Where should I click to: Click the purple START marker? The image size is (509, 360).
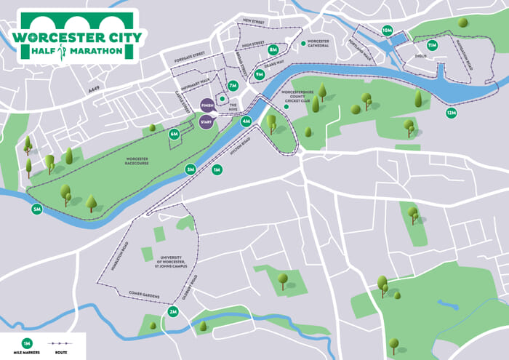(x=206, y=121)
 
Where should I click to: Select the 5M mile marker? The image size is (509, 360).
(x=37, y=209)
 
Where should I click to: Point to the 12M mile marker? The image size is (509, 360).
(x=452, y=113)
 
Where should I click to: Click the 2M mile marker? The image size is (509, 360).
(x=173, y=312)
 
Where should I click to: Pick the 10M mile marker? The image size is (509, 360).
(x=388, y=31)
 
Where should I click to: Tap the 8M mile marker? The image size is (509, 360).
(x=273, y=49)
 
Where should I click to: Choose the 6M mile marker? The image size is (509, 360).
(x=174, y=134)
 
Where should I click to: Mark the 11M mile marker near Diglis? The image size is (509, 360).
(x=432, y=45)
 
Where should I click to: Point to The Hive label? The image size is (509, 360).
(x=233, y=106)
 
